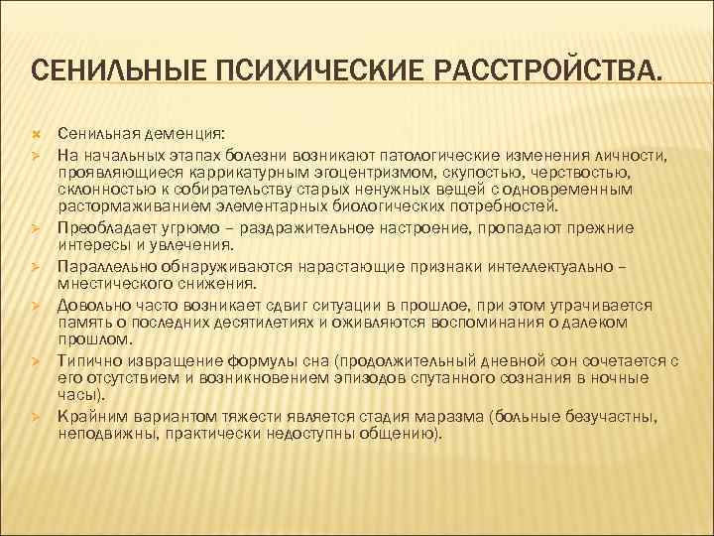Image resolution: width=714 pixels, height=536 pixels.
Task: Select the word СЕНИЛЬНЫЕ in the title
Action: [x=122, y=70]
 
